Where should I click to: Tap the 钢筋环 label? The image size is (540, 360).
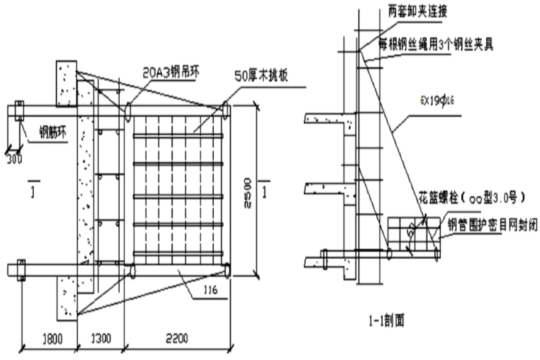[43, 131]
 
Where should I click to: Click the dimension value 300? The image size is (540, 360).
[13, 159]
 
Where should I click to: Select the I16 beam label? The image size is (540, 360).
[210, 290]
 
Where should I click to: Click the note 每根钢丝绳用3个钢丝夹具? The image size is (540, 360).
[436, 45]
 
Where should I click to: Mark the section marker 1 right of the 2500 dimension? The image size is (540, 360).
[264, 192]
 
